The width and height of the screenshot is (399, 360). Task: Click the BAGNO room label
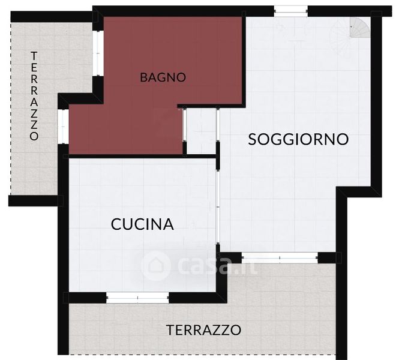tap(163, 77)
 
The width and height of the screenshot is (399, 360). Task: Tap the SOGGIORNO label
tap(298, 139)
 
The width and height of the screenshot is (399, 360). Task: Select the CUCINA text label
tap(143, 224)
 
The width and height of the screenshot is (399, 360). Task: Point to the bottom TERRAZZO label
tap(203, 330)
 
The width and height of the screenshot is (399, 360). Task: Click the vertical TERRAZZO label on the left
tap(34, 96)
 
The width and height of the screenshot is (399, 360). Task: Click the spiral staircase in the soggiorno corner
tap(359, 28)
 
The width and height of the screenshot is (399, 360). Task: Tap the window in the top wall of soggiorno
tap(291, 11)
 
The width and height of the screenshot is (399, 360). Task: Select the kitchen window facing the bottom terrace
tap(137, 298)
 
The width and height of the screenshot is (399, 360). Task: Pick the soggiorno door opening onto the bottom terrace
tap(280, 258)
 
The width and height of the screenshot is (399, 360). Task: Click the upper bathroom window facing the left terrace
tap(98, 53)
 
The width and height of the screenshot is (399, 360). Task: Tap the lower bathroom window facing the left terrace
tap(63, 127)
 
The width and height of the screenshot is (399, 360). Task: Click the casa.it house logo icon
tap(155, 266)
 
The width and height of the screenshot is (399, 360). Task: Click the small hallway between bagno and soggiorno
tap(201, 131)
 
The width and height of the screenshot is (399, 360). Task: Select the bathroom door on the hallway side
tap(184, 125)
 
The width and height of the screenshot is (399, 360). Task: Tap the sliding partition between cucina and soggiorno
tap(218, 207)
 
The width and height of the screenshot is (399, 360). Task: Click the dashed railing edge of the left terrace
tap(11, 109)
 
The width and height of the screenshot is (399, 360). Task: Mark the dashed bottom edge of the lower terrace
tap(202, 354)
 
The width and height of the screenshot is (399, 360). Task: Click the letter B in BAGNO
tap(144, 77)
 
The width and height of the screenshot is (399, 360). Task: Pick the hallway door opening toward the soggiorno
tap(218, 125)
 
